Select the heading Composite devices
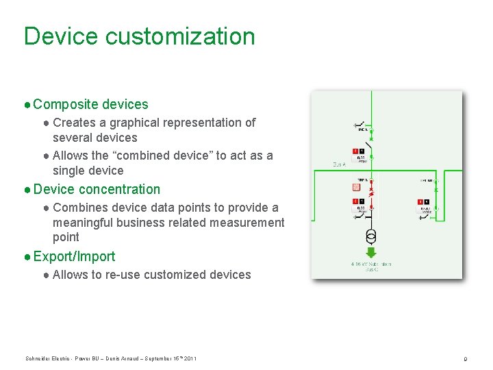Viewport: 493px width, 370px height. tap(90, 104)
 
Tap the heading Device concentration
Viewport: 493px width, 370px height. tap(96, 189)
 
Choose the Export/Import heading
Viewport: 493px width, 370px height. tap(74, 256)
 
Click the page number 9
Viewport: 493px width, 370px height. tap(465, 359)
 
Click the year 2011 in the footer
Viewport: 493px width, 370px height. tap(190, 359)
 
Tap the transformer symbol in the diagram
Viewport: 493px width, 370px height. tap(370, 237)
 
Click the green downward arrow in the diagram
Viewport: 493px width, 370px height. tap(370, 252)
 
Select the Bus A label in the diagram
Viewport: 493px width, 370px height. tap(339, 164)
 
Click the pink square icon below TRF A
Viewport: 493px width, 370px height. tap(355, 187)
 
